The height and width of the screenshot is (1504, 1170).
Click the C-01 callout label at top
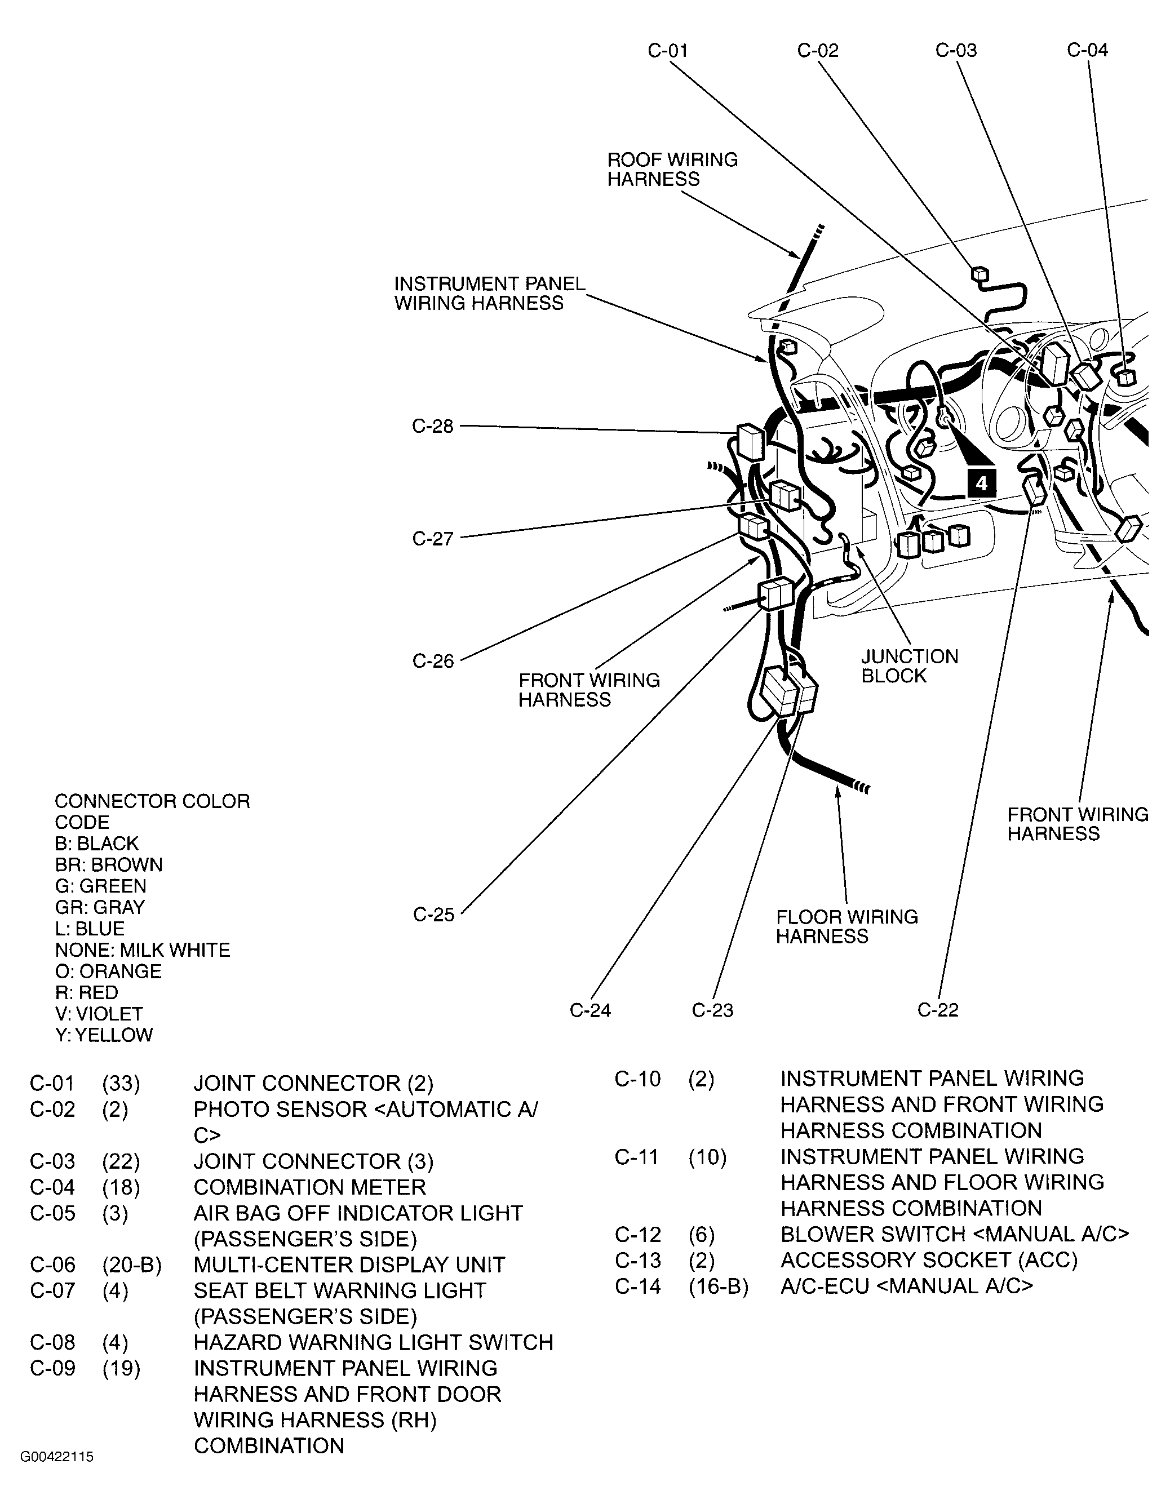point(667,50)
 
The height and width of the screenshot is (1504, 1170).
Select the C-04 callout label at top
point(1087,50)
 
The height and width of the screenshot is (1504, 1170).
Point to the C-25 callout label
point(433,915)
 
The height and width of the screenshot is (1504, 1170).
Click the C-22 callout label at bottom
point(937,1010)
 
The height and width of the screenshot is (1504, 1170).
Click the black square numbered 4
point(981,483)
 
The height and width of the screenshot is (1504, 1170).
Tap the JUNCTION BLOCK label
point(909,666)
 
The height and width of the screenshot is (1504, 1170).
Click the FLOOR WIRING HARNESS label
point(847,926)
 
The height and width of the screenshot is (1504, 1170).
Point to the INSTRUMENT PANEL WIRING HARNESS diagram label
point(489,294)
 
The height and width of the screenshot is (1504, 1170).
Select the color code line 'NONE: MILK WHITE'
point(143,950)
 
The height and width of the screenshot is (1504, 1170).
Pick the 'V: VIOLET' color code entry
point(99,1014)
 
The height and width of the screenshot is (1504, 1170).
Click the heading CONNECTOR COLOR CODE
point(152,811)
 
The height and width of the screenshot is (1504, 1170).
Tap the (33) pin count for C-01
point(121,1084)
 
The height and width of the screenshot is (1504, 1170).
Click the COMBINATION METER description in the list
point(309,1187)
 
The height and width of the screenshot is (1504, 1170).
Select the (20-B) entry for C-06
point(131,1265)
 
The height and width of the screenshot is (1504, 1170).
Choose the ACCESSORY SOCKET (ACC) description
point(928,1260)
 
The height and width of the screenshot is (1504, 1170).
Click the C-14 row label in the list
point(637,1286)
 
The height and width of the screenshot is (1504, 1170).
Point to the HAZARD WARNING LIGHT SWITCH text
point(373,1342)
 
